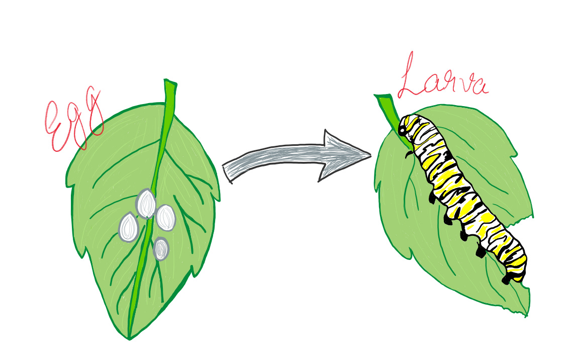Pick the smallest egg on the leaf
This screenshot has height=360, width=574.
tap(161, 249)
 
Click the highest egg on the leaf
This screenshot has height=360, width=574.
tap(146, 204)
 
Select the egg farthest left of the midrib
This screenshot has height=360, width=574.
tap(129, 227)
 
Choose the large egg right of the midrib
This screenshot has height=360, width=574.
tap(165, 218)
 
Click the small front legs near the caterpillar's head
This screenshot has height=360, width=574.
tap(410, 153)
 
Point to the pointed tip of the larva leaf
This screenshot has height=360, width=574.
tap(526, 314)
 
